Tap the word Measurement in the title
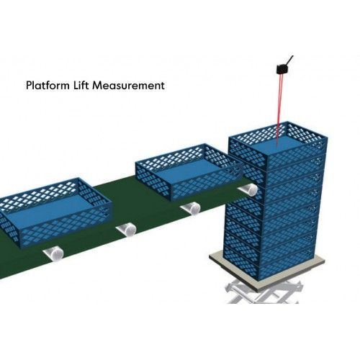click(128, 86)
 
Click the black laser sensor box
click(283, 69)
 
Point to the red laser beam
click(279, 110)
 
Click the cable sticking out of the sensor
click(290, 60)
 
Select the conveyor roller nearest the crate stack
click(248, 190)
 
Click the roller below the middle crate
click(191, 208)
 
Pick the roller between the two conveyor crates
click(127, 229)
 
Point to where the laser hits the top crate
click(277, 147)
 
